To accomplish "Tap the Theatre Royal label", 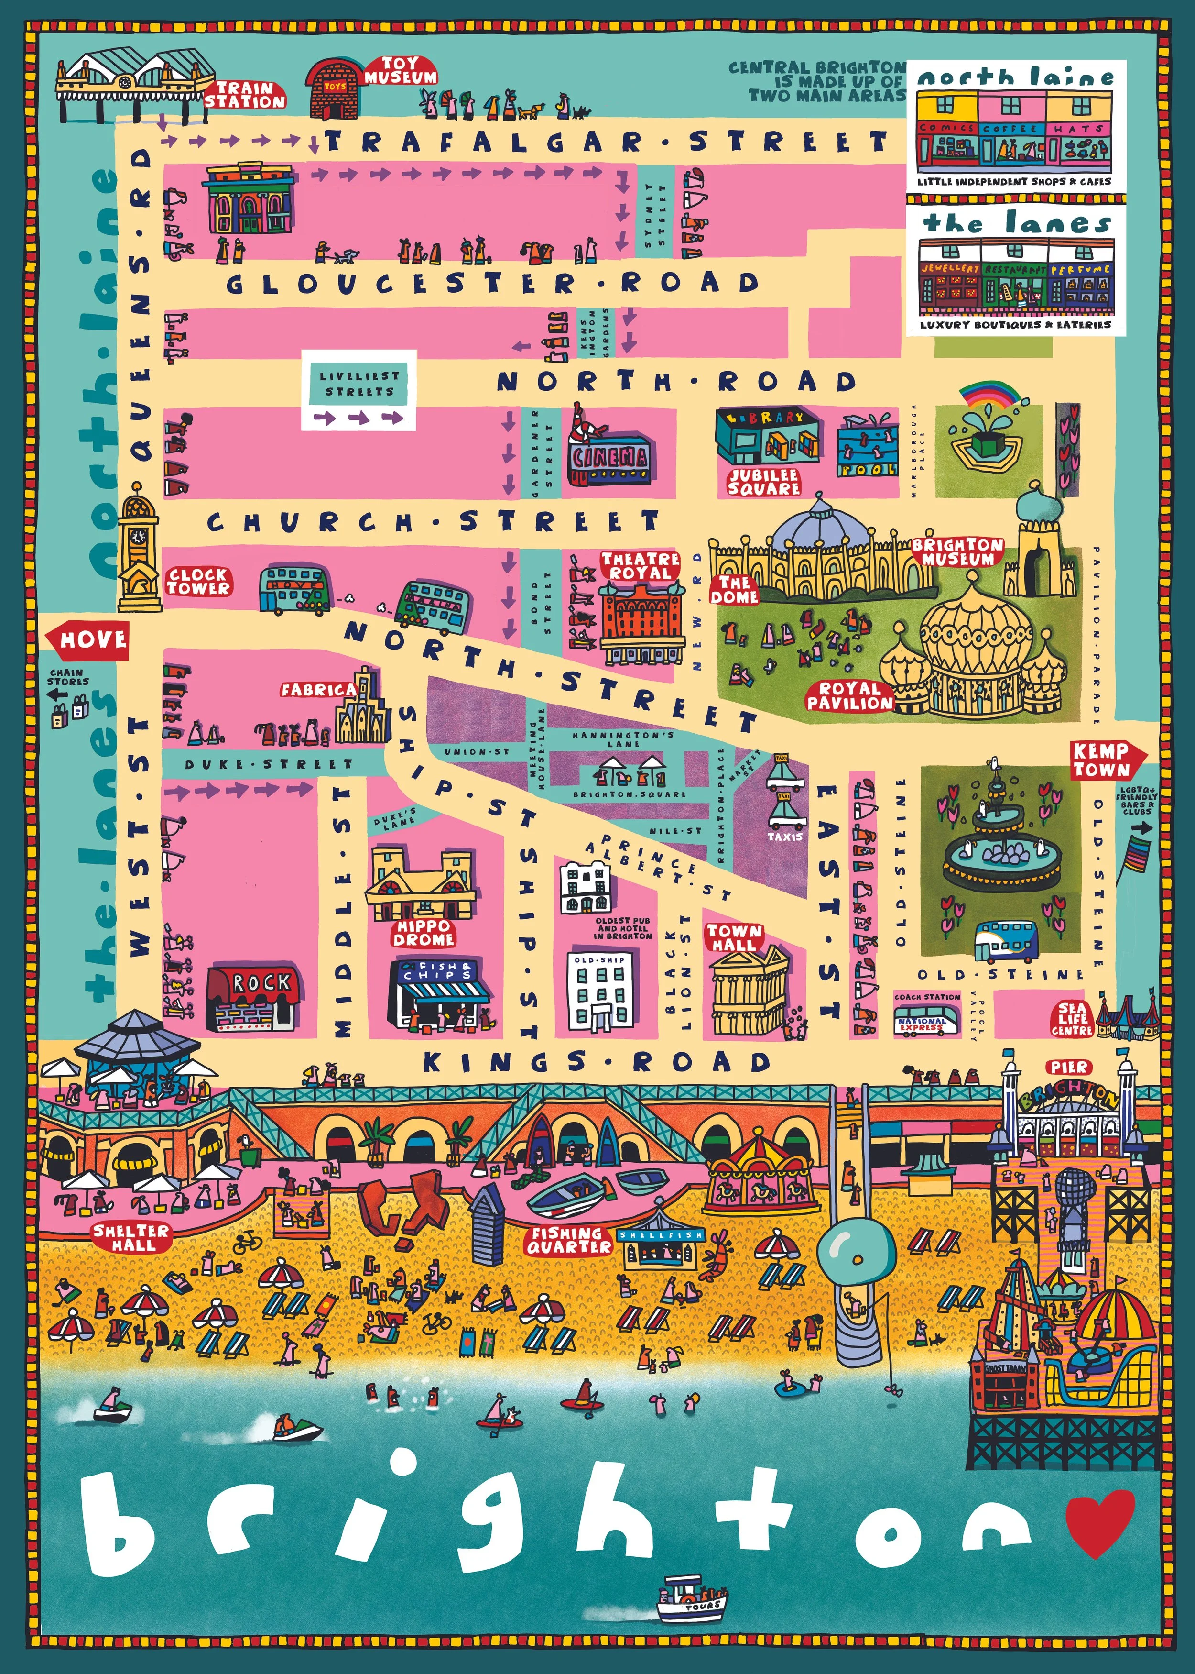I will coord(640,565).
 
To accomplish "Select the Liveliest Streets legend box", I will coord(359,391).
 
